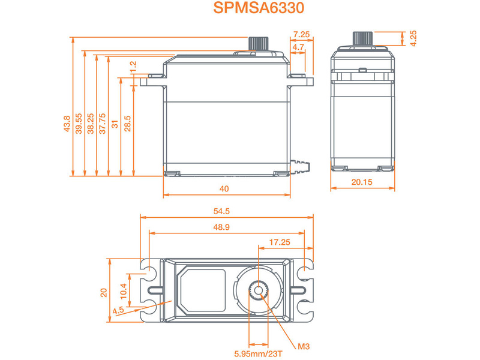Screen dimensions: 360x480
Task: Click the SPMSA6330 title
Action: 259,8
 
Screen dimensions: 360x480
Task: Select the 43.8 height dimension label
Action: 67,124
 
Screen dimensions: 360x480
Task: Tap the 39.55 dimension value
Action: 79,124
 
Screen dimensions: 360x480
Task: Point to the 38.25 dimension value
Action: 91,124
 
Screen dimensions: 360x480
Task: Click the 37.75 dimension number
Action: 103,124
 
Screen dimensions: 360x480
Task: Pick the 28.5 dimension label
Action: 127,124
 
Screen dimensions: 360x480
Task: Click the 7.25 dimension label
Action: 302,35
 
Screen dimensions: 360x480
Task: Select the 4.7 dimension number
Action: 298,46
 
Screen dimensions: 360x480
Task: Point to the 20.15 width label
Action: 363,182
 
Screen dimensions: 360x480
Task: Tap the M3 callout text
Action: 304,346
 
